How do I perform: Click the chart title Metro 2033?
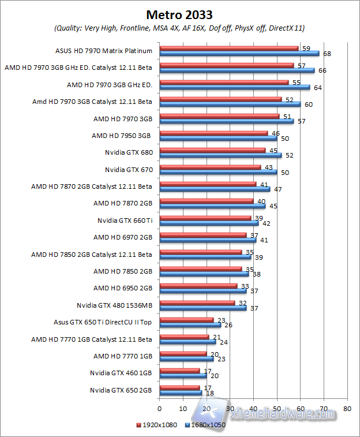(x=179, y=14)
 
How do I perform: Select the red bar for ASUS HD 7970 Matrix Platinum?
(x=229, y=48)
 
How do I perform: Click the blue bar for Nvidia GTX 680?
(x=220, y=155)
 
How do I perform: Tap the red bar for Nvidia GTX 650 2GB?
(x=179, y=388)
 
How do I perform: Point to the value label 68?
(x=327, y=54)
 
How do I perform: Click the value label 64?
(x=317, y=88)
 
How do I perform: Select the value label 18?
(x=210, y=393)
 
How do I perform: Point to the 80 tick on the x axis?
(x=347, y=409)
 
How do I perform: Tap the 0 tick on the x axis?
(x=160, y=409)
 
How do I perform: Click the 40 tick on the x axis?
(x=253, y=409)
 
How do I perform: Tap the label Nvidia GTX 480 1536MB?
(x=114, y=305)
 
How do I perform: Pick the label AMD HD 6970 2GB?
(x=122, y=237)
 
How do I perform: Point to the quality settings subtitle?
(x=179, y=28)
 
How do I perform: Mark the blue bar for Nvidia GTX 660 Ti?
(x=208, y=223)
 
